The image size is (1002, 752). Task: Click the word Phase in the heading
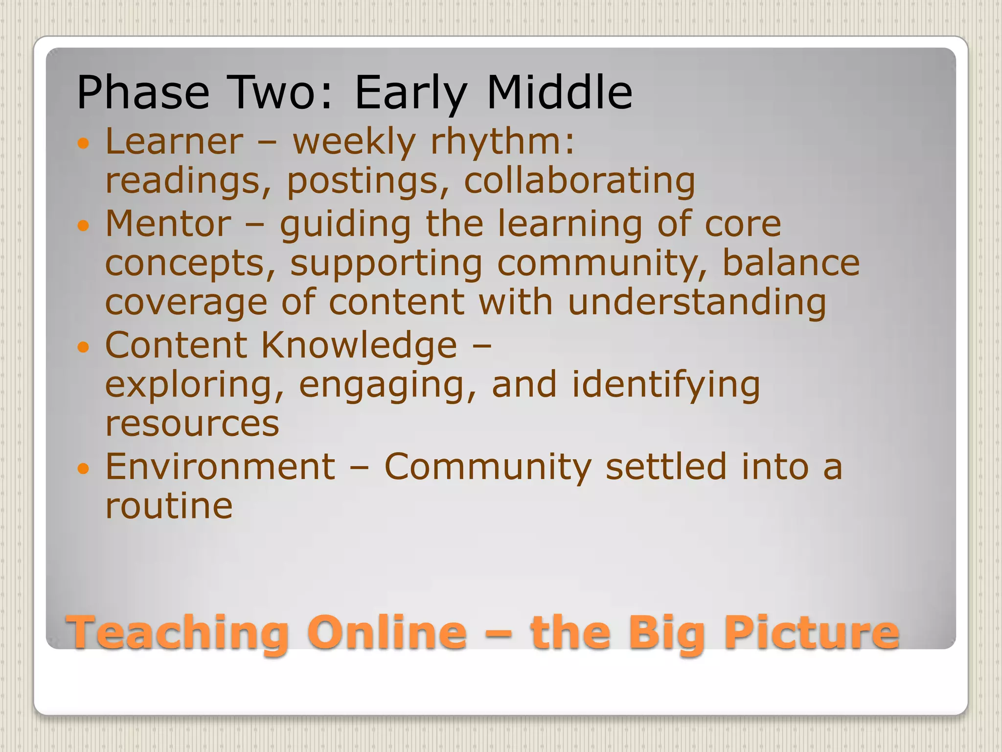143,93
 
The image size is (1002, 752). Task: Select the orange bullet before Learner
84,143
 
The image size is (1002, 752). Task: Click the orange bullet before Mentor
84,226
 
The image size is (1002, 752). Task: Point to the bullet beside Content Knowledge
84,347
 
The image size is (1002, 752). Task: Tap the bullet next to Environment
84,469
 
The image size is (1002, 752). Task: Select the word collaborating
579,181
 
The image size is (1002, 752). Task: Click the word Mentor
168,224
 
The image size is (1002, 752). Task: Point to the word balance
791,263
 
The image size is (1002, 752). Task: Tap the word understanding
697,303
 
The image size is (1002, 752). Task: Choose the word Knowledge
359,346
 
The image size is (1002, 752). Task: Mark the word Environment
220,467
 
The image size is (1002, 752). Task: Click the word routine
169,506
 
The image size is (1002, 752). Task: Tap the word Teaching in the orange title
179,633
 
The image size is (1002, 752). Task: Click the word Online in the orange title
387,633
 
